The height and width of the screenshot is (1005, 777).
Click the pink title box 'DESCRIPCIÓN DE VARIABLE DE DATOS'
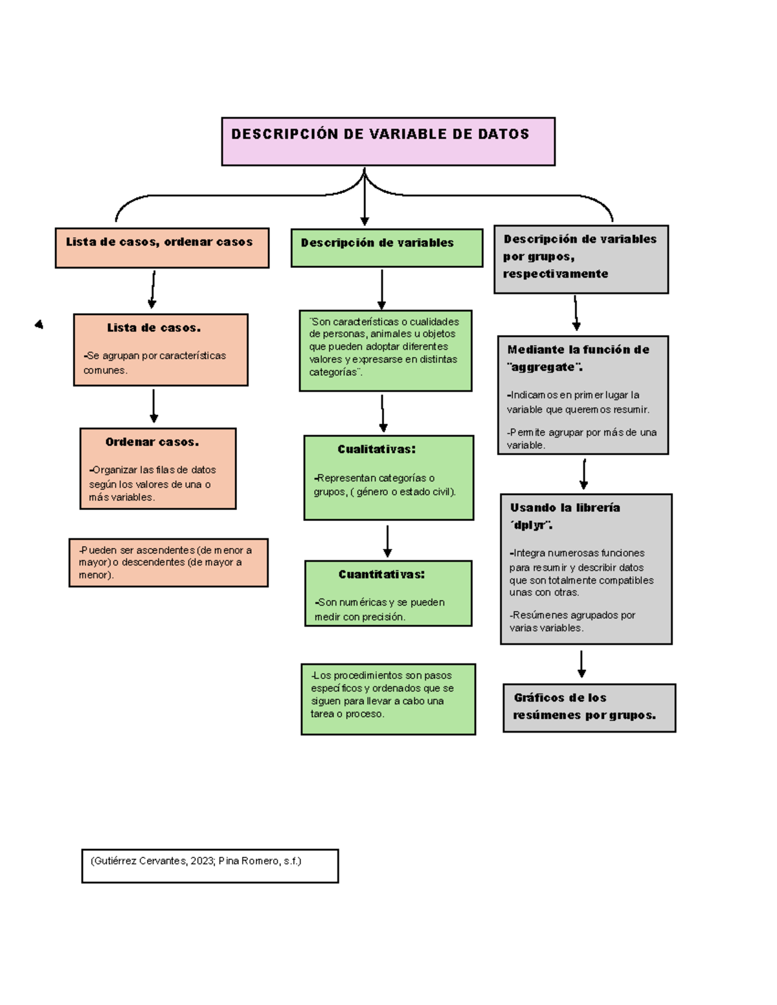388,141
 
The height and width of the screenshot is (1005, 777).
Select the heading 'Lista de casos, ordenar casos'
159,242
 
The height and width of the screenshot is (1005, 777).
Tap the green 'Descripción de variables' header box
387,247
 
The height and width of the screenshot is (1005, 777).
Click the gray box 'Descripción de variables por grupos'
581,259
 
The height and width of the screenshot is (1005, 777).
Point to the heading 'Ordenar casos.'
152,442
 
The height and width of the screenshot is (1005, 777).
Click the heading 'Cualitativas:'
376,449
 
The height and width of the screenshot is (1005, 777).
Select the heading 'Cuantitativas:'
381,574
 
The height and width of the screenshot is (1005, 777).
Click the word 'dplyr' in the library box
530,525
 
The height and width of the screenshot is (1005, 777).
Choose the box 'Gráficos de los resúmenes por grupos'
589,707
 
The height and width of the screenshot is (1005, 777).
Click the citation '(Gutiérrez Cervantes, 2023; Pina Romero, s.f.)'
196,861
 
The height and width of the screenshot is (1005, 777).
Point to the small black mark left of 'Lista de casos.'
39,324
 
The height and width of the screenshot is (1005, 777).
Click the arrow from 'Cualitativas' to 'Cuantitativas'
387,541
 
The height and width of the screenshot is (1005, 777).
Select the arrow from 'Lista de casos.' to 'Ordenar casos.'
153,406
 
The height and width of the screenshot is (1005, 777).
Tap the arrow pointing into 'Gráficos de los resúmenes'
581,664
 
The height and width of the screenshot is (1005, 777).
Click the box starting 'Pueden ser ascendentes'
168,562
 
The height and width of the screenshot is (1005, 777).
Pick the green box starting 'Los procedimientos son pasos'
388,699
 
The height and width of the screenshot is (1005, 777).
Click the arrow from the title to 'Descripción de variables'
365,197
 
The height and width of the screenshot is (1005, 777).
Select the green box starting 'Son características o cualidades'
385,350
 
